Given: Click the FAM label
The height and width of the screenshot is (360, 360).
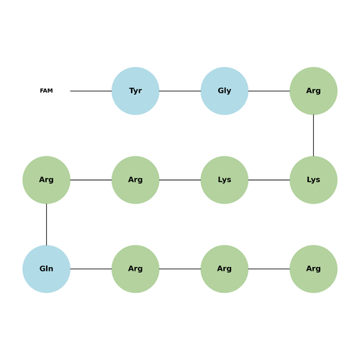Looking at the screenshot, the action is pyautogui.click(x=46, y=91).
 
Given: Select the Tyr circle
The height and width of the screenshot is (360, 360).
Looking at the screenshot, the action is pyautogui.click(x=135, y=91).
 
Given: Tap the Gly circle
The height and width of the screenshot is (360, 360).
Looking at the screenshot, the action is pyautogui.click(x=225, y=91).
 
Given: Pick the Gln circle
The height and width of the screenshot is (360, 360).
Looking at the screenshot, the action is pyautogui.click(x=46, y=269).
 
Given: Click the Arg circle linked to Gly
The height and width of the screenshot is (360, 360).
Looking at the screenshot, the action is pyautogui.click(x=313, y=91).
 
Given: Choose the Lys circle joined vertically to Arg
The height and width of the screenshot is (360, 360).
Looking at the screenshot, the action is pyautogui.click(x=313, y=180).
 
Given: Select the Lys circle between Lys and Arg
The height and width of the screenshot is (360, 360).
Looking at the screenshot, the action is pyautogui.click(x=225, y=180).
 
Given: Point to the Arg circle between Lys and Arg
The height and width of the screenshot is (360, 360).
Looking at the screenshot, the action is pyautogui.click(x=135, y=180).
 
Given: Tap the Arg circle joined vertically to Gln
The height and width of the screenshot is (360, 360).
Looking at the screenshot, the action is pyautogui.click(x=46, y=180).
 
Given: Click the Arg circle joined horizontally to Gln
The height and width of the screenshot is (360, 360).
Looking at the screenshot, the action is pyautogui.click(x=135, y=269).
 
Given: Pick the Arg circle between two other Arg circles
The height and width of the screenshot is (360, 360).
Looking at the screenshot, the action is pyautogui.click(x=225, y=269).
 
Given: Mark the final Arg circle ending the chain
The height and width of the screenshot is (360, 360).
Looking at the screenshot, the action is pyautogui.click(x=313, y=269).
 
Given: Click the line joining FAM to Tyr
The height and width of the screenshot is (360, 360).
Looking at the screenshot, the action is pyautogui.click(x=91, y=91).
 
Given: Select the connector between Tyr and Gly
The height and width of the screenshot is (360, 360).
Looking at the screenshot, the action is pyautogui.click(x=180, y=91).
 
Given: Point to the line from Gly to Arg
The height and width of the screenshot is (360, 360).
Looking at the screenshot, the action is pyautogui.click(x=269, y=91).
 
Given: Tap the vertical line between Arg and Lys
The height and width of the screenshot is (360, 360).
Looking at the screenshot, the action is pyautogui.click(x=313, y=135).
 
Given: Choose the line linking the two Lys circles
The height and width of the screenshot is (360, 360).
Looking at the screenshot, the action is pyautogui.click(x=269, y=180).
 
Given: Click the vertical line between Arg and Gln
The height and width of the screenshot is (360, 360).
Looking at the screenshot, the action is pyautogui.click(x=46, y=225).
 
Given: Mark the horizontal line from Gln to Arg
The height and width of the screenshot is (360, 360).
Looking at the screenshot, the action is pyautogui.click(x=91, y=269).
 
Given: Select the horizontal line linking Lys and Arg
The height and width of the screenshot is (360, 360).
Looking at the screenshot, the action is pyautogui.click(x=180, y=180).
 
